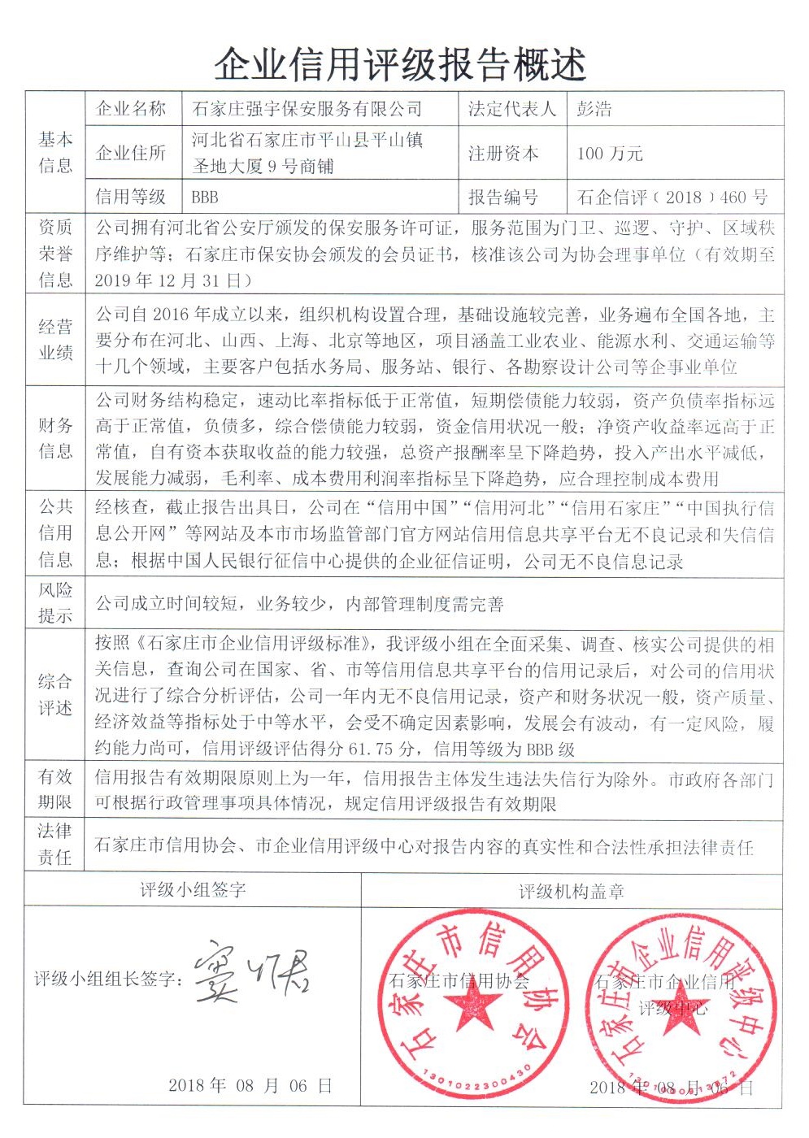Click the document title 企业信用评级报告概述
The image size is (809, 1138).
tap(401, 63)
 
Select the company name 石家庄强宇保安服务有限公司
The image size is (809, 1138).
tap(307, 108)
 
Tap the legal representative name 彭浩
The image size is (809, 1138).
tap(594, 108)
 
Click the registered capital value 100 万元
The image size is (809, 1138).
tap(610, 153)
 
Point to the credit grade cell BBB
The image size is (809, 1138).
tap(205, 197)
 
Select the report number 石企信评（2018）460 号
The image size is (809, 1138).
tap(672, 197)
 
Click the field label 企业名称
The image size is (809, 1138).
tap(131, 108)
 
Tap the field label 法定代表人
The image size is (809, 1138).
tap(511, 108)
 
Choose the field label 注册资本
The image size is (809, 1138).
tap(503, 153)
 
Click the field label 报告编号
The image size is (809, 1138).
tap(503, 197)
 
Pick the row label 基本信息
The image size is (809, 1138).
tap(55, 153)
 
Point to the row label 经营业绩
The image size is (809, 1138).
tap(55, 340)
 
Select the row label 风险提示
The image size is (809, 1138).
tap(55, 602)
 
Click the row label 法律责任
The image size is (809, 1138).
tap(55, 844)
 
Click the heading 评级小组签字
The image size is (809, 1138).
tap(193, 889)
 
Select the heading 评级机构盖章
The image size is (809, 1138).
tap(572, 891)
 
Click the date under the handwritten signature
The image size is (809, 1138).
tap(250, 1086)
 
